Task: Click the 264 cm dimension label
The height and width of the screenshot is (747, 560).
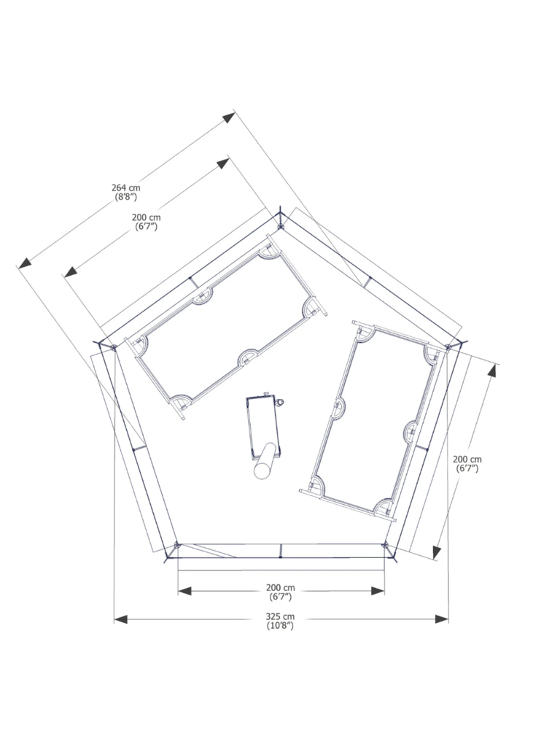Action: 126,188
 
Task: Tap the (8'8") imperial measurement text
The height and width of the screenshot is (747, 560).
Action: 125,197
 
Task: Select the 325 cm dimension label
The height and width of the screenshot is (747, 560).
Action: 280,617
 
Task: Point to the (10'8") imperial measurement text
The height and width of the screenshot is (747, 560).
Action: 280,625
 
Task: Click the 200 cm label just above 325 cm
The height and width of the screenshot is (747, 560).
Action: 281,588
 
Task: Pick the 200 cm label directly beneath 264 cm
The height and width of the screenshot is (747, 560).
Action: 146,217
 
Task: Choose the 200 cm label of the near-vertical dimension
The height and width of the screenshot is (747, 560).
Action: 467,460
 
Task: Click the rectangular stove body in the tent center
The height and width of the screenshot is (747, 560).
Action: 262,425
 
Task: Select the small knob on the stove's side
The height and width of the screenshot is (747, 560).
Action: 280,403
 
